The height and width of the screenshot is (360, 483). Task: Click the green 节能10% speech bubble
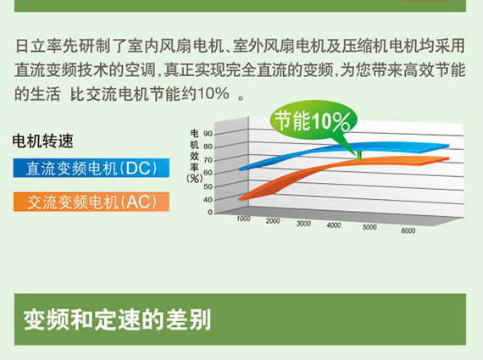coord(313,120)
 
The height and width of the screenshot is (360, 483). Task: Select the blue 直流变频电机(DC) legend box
coord(92,168)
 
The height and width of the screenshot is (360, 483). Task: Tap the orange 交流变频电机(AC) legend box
coord(92,202)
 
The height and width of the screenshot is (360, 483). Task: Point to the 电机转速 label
coord(43,141)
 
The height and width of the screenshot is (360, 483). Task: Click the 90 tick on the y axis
coord(208,134)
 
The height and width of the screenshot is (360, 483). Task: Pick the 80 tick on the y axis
coord(208,147)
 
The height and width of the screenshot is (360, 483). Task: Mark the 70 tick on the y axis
coord(208,160)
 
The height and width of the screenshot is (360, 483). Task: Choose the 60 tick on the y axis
coord(208,173)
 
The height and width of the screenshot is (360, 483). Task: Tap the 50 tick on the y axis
coord(208,186)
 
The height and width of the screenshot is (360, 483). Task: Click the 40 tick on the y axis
coord(208,200)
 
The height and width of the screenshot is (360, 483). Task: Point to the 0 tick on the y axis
coord(210,212)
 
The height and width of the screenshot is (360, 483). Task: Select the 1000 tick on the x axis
coord(243,219)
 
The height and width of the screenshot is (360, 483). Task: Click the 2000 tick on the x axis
coord(273,221)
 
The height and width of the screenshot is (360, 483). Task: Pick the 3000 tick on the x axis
coord(303,224)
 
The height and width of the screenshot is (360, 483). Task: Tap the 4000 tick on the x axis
coord(334,225)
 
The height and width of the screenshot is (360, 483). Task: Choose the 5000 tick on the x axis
coord(369,227)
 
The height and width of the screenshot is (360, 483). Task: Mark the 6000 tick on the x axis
coord(408,230)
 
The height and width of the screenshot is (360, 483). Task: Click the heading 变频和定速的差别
coord(118,320)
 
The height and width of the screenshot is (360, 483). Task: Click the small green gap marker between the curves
coord(359,155)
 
